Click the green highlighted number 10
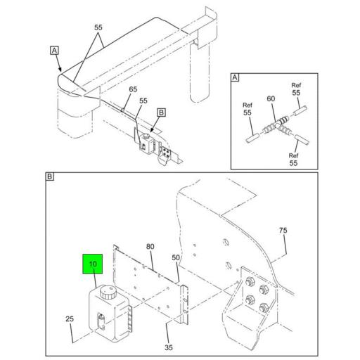(x=93, y=265)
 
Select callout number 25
(x=70, y=320)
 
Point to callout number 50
(x=176, y=259)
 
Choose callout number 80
(x=150, y=246)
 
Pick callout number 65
(x=133, y=89)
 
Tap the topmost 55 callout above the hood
(x=99, y=28)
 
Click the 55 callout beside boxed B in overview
(x=143, y=101)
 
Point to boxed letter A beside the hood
(x=53, y=50)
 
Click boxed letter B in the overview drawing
(x=160, y=112)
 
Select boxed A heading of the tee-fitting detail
(x=236, y=78)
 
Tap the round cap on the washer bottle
(x=108, y=290)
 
